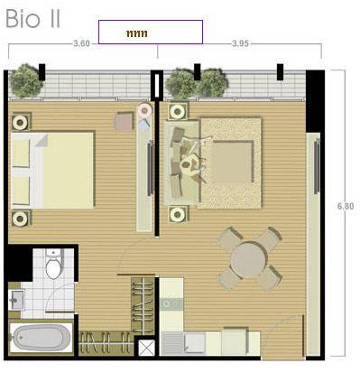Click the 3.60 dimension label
click(82, 43)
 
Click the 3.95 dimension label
click(240, 43)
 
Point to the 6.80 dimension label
click(346, 206)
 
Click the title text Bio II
click(33, 19)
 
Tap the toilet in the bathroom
click(54, 264)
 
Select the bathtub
click(40, 338)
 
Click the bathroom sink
click(17, 300)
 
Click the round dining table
click(249, 259)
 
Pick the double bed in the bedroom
click(52, 170)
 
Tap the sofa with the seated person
click(181, 163)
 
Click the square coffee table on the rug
click(232, 161)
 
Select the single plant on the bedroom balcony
click(25, 80)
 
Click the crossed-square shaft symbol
click(146, 348)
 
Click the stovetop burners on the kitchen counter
click(171, 304)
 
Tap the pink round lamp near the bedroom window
click(144, 110)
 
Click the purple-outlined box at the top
click(151, 32)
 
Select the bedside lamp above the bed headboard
click(21, 123)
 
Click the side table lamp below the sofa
click(178, 214)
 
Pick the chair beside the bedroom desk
click(124, 122)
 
